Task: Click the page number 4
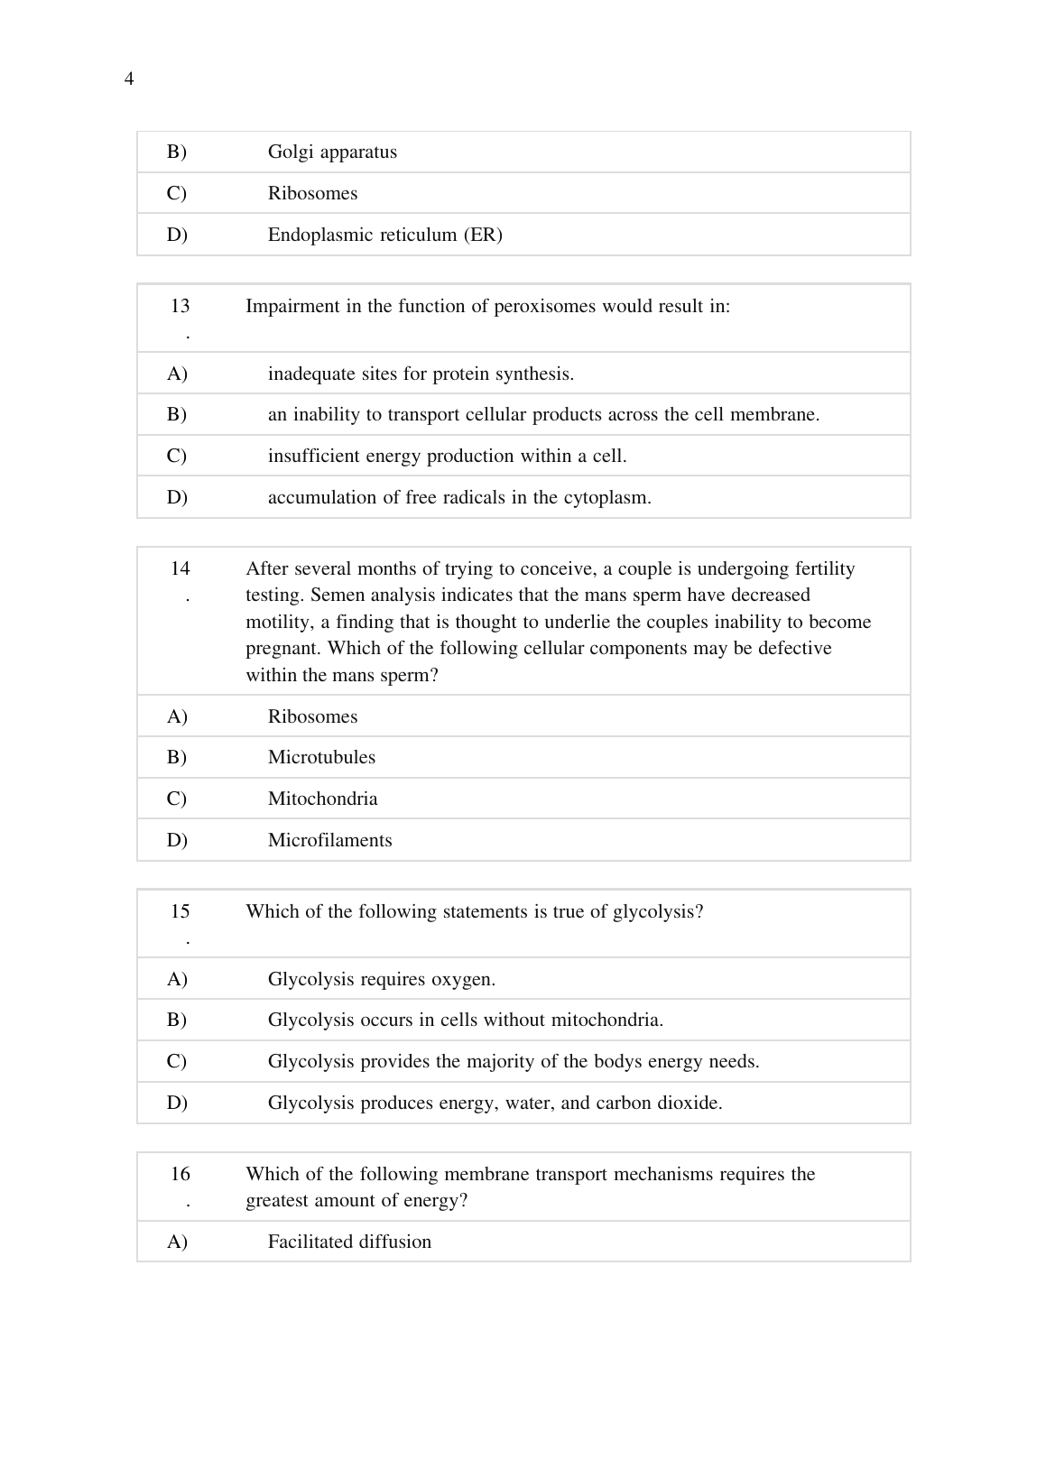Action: (x=129, y=79)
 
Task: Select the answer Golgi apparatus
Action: (x=332, y=152)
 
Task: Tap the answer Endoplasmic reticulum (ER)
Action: (x=384, y=235)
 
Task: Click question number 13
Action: (x=181, y=306)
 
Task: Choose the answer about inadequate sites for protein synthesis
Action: (x=421, y=374)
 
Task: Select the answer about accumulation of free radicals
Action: (x=459, y=497)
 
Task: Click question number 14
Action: (x=181, y=568)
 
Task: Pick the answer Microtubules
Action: (x=321, y=757)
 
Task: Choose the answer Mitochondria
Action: (x=322, y=799)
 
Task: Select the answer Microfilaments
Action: (x=329, y=840)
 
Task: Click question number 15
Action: (x=181, y=911)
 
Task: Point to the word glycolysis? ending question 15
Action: (x=658, y=911)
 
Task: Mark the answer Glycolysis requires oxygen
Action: (x=382, y=979)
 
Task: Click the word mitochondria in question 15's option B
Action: (x=606, y=1020)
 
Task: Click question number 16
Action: (x=181, y=1174)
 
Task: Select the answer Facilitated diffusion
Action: (x=349, y=1242)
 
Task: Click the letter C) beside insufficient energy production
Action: (x=177, y=456)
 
